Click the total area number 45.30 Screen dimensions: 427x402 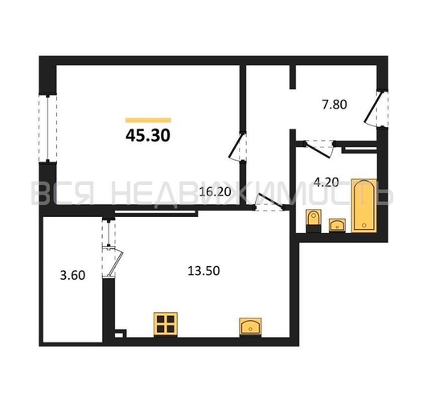click(148, 135)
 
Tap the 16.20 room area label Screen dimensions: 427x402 click(216, 192)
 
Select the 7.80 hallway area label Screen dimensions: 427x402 click(335, 105)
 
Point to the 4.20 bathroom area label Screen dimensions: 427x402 click(326, 182)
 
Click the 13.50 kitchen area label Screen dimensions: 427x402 click(203, 271)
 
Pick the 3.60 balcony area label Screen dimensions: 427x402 click(72, 275)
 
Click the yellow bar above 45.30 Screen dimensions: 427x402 click(148, 121)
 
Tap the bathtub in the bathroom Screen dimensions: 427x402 click(363, 206)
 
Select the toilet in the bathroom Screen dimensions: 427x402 click(314, 221)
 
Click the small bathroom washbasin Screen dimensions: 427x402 click(337, 225)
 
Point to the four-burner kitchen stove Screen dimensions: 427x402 click(166, 324)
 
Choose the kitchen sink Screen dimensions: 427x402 click(250, 326)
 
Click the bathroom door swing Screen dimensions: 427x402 click(318, 149)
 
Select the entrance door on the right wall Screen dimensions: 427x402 click(376, 108)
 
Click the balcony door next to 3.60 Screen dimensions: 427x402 click(113, 262)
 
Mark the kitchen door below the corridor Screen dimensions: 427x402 click(269, 202)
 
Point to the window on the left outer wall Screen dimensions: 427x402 click(47, 128)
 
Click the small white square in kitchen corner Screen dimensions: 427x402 click(119, 334)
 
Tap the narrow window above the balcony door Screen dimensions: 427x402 click(109, 232)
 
